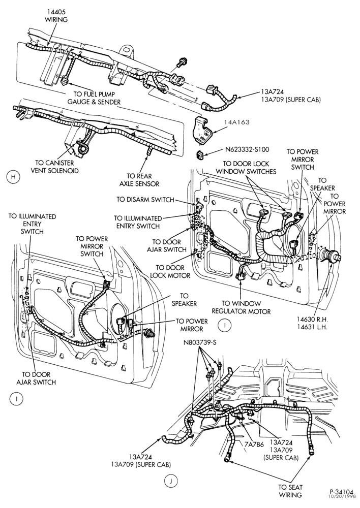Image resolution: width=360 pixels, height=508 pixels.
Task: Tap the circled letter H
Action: click(13, 177)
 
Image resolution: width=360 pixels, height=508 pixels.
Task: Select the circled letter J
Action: click(170, 481)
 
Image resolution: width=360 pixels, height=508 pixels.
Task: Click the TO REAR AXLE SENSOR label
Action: click(139, 180)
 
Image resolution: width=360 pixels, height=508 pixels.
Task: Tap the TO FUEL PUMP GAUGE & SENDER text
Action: click(94, 98)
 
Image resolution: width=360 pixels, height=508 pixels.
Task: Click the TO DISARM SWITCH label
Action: click(145, 200)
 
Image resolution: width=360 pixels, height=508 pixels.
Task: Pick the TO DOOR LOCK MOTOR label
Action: click(170, 271)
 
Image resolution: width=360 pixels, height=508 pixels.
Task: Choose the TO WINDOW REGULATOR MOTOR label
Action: click(241, 307)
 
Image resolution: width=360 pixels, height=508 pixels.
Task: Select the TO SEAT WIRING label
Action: click(290, 491)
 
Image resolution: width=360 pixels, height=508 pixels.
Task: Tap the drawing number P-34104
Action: click(340, 491)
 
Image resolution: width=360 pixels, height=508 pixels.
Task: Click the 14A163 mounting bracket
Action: click(202, 130)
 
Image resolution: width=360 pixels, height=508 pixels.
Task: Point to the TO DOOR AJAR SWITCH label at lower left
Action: click(36, 378)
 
